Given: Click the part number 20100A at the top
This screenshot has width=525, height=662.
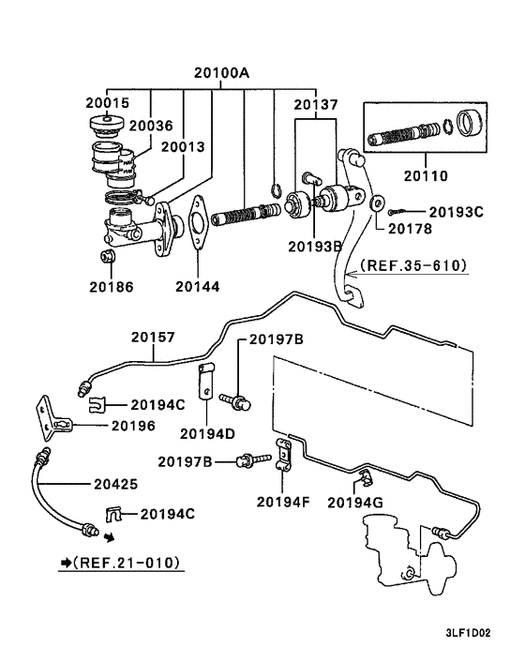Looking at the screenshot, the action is coord(221,73).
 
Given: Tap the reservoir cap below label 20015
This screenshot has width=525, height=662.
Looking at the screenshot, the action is coord(107,125).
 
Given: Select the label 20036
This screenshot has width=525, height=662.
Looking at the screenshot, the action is coord(151,126).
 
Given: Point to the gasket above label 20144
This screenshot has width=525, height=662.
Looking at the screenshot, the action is coord(198,221).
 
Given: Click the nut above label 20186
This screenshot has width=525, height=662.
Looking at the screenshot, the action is coord(108,256).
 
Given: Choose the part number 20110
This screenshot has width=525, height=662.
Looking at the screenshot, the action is coord(426,175).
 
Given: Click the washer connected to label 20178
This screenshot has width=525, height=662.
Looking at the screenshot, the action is coord(377,203).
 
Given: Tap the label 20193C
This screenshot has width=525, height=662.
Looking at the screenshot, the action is coord(456,212).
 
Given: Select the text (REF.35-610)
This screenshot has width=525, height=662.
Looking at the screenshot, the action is coord(413,265).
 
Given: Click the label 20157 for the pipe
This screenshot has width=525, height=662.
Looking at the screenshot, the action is coord(153,338).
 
